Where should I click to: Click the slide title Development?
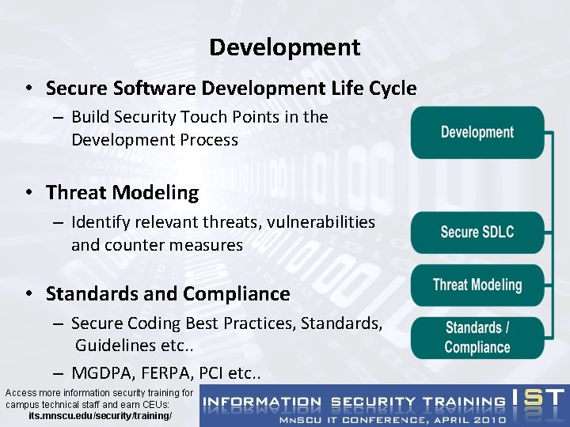coord(284,47)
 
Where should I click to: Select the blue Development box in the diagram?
coord(477,132)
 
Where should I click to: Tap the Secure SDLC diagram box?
coord(477,232)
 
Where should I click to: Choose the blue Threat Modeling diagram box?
coord(477,285)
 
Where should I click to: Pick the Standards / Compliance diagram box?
coord(477,338)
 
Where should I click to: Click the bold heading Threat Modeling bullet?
coord(122,192)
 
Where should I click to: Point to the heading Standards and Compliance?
coord(168,294)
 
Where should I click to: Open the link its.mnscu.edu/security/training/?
coord(100,415)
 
